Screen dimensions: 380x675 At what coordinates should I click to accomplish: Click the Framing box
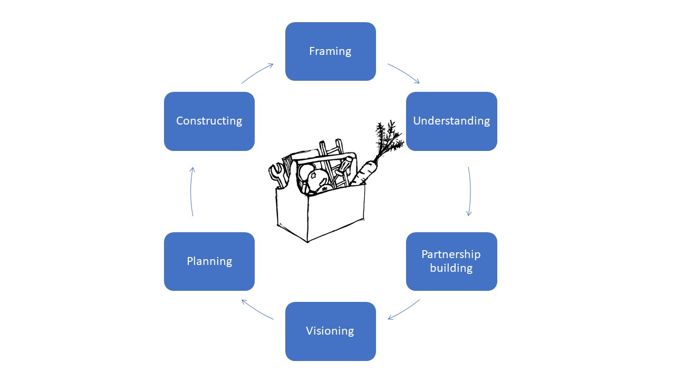pos(330,51)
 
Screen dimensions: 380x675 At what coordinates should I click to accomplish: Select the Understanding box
pos(451,121)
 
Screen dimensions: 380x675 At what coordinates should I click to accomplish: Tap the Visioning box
pos(330,331)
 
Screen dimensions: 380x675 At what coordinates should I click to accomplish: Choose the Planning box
pos(209,261)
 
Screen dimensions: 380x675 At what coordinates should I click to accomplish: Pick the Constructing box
pos(209,121)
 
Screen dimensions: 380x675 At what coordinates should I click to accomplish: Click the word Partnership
pos(451,254)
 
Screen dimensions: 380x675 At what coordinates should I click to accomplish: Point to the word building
pos(451,268)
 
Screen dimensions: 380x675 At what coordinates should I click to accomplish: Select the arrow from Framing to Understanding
pos(404,73)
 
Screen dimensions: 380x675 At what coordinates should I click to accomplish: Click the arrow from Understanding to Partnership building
pos(469,191)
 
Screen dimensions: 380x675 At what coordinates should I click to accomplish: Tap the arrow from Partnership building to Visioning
pos(404,310)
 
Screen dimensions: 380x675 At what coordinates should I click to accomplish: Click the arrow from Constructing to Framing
pos(257,73)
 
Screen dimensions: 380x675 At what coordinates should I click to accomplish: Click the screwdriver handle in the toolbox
pos(343,167)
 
